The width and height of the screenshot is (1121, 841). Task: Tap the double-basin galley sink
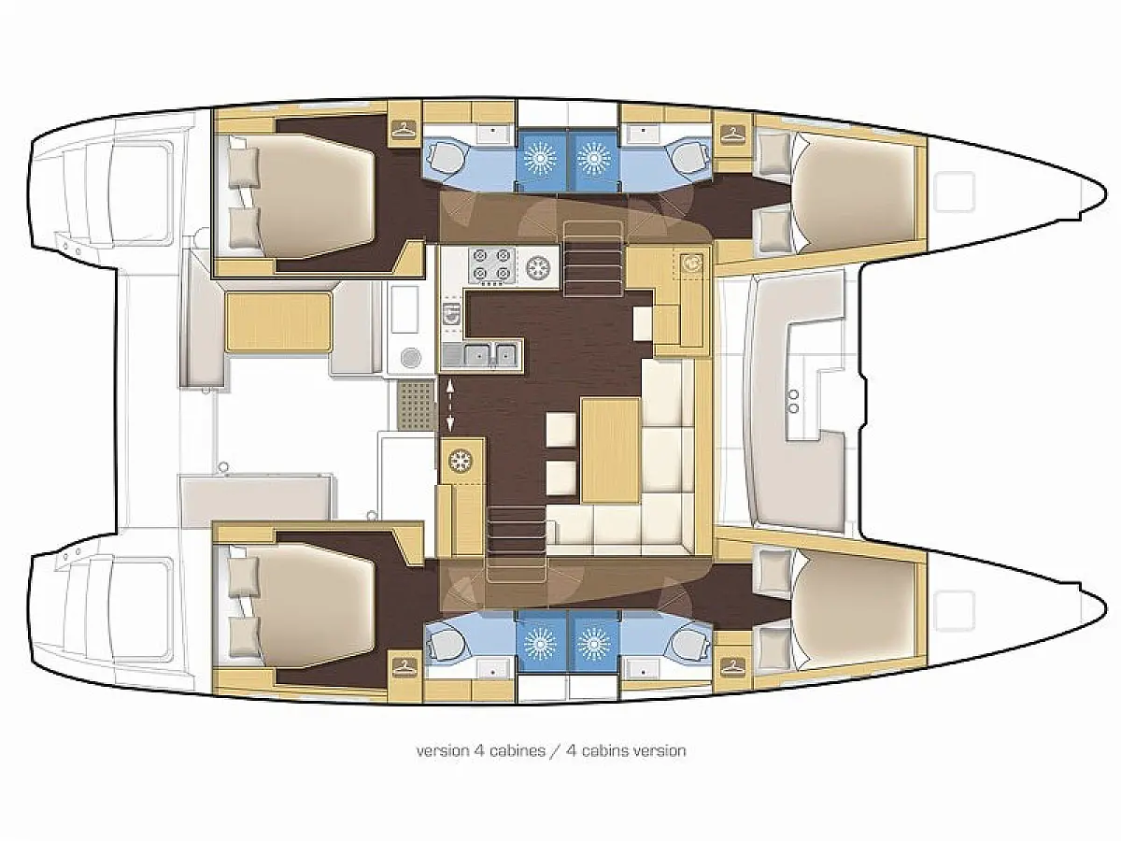[490, 353]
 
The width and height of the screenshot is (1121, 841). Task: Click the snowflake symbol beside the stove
[536, 265]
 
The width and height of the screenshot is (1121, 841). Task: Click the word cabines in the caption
[518, 750]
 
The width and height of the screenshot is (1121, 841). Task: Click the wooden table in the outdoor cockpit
[278, 321]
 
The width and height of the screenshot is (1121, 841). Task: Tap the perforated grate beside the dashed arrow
[417, 406]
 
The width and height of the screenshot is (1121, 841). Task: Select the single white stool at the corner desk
[643, 323]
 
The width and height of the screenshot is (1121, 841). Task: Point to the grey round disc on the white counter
[410, 357]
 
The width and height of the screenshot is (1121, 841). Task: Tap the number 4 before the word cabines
[479, 750]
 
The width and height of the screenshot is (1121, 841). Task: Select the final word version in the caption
[660, 750]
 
